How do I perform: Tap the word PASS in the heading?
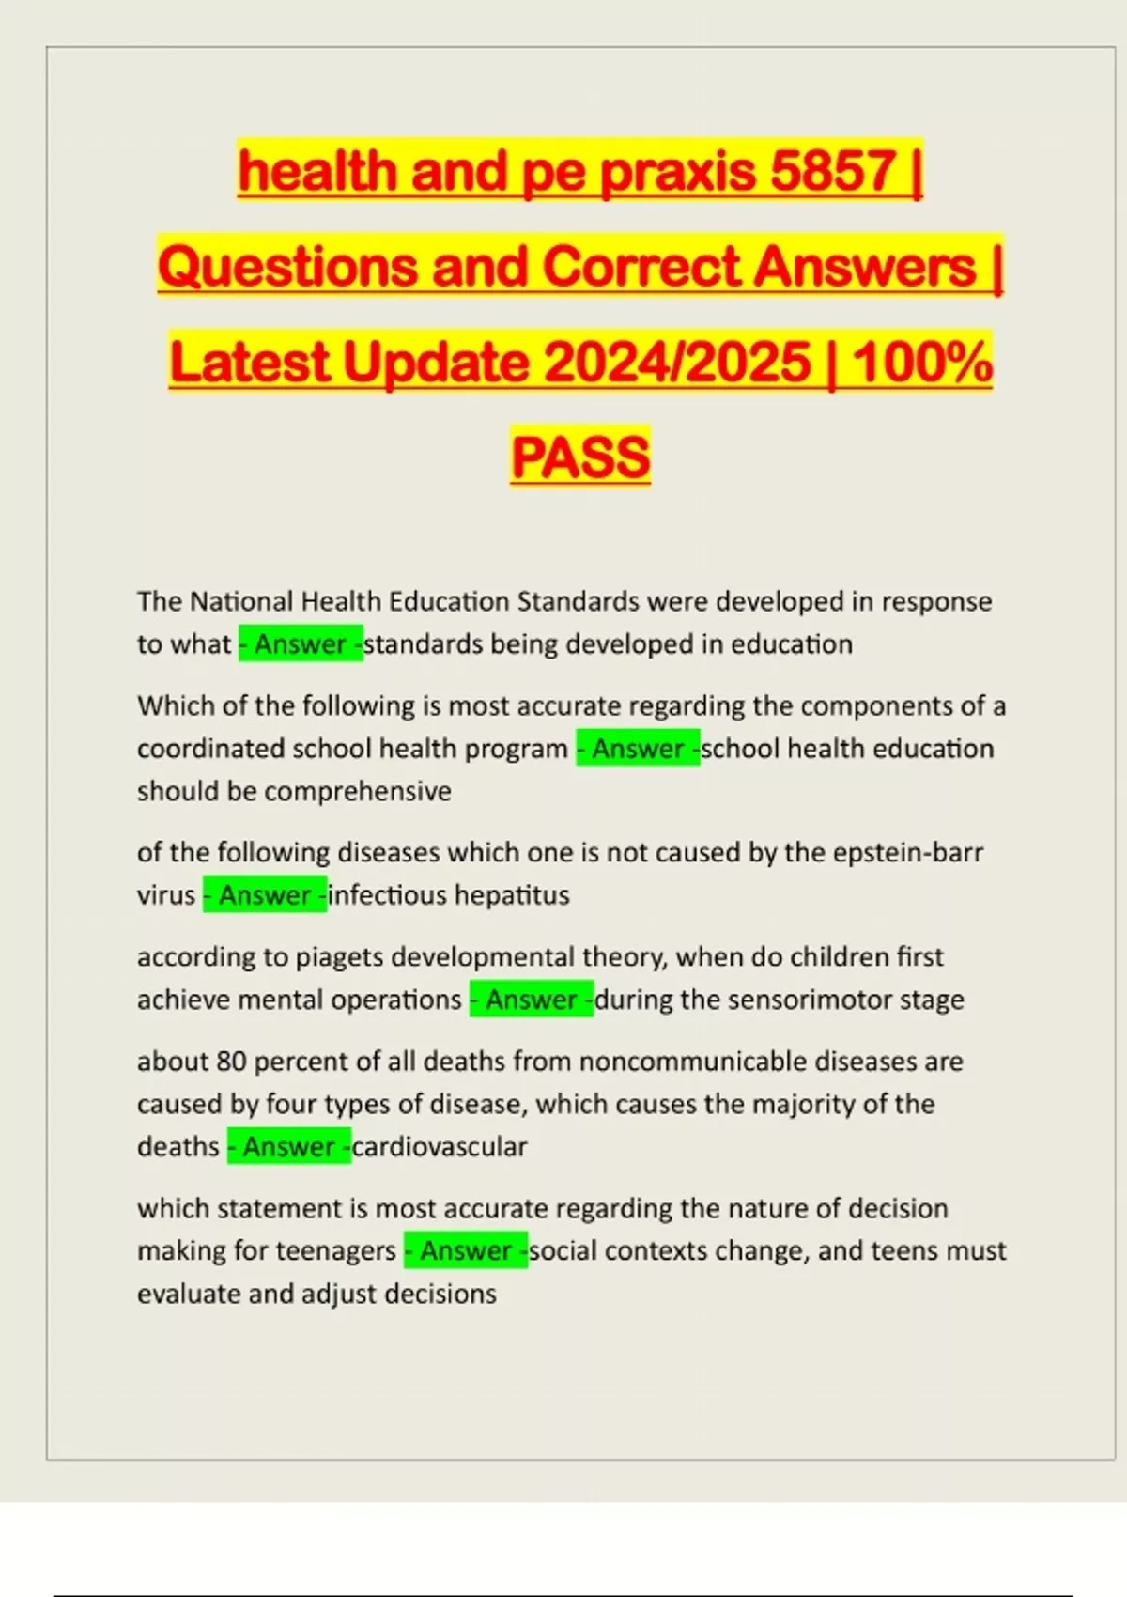pyautogui.click(x=580, y=457)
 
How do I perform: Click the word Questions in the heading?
pyautogui.click(x=286, y=266)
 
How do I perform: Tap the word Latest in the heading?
pyautogui.click(x=249, y=362)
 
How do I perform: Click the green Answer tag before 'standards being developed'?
pyautogui.click(x=301, y=644)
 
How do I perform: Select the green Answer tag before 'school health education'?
pyautogui.click(x=638, y=749)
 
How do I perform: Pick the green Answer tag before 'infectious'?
pyautogui.click(x=265, y=895)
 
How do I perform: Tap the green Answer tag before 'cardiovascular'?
pyautogui.click(x=289, y=1147)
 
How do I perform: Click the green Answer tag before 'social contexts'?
pyautogui.click(x=466, y=1251)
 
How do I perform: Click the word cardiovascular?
pyautogui.click(x=440, y=1147)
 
